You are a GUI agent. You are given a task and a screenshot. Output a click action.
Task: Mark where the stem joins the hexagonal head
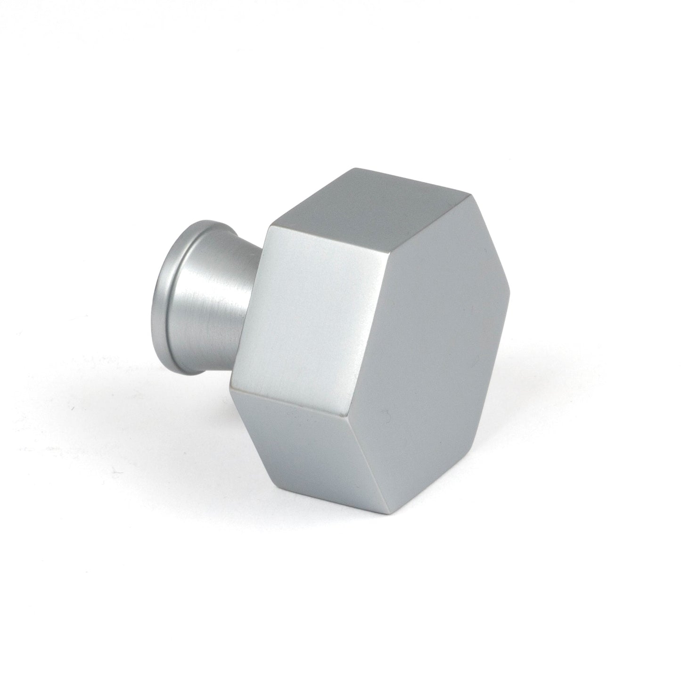(x=252, y=302)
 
